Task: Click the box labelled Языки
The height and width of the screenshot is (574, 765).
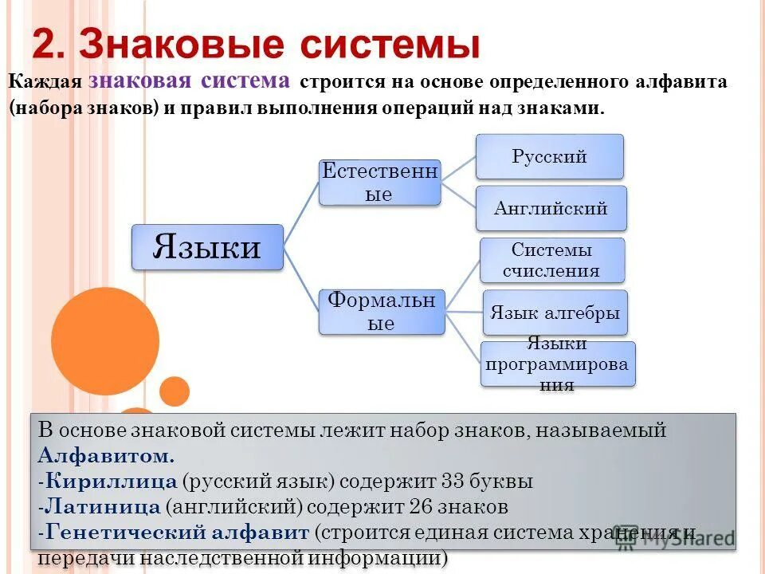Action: tap(207, 247)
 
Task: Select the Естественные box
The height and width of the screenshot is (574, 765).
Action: tap(379, 183)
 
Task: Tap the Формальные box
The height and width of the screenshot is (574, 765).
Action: tap(382, 312)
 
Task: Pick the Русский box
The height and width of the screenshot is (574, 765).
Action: tap(550, 156)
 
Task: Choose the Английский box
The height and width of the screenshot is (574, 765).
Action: tap(551, 209)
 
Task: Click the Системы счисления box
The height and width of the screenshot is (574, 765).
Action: tap(551, 260)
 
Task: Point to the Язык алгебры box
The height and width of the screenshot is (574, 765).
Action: tap(555, 313)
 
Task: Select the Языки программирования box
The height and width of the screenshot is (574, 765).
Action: tap(558, 364)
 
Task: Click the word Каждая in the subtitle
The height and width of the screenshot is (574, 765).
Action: tap(45, 82)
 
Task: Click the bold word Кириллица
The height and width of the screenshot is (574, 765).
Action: tap(111, 482)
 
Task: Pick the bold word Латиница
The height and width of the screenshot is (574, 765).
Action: tap(103, 506)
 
